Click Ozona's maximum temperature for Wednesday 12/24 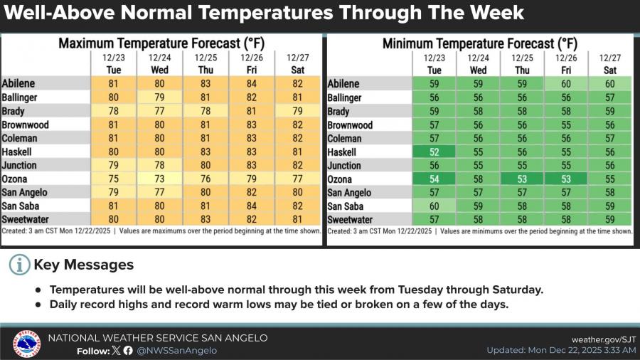(159, 179)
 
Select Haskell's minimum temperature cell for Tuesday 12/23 (434, 152)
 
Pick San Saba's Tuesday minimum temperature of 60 (434, 206)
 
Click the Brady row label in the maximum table (16, 111)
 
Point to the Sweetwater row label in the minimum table (350, 220)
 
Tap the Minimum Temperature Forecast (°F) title (480, 44)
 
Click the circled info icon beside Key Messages (19, 265)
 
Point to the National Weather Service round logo (27, 344)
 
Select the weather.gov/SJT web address (603, 339)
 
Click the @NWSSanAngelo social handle (176, 351)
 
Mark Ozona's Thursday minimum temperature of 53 (523, 179)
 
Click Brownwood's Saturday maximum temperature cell (298, 125)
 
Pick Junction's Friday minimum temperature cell (566, 166)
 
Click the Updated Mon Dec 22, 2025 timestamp (561, 351)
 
